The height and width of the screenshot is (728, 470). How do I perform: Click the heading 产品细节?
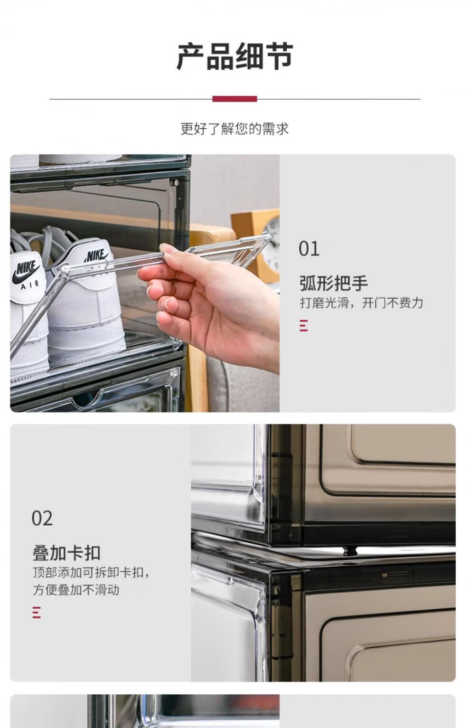[235, 56]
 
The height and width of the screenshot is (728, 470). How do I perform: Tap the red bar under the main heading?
[235, 99]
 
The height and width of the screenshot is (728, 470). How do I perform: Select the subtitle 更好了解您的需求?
[235, 129]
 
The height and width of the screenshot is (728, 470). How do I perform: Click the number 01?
[309, 249]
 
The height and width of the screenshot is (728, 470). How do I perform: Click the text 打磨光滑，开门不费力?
[361, 303]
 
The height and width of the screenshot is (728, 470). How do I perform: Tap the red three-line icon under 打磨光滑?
[303, 325]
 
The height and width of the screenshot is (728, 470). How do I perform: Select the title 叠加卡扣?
[66, 553]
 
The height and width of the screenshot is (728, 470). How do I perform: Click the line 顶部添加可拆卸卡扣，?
[91, 573]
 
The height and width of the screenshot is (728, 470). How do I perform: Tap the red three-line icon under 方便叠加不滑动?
[37, 612]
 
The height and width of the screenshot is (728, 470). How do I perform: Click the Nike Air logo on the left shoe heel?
[27, 274]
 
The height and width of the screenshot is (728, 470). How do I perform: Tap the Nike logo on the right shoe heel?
[95, 255]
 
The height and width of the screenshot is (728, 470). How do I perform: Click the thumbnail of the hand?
[170, 303]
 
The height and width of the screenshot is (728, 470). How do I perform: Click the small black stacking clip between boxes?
[350, 550]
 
